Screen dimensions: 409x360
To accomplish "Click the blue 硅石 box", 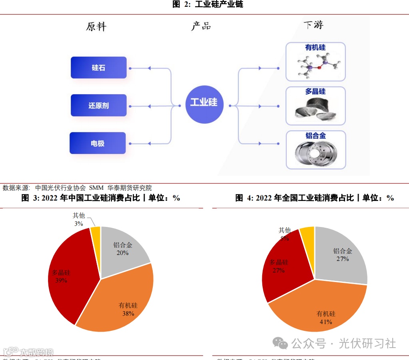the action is pyautogui.click(x=98, y=68).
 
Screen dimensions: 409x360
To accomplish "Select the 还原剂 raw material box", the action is pyautogui.click(x=98, y=105).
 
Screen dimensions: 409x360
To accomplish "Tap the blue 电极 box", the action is pyautogui.click(x=98, y=143).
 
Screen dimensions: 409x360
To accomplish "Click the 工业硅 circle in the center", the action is pyautogui.click(x=204, y=102).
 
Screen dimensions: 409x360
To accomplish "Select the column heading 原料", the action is pyautogui.click(x=96, y=27).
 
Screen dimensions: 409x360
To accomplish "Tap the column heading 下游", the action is pyautogui.click(x=313, y=25).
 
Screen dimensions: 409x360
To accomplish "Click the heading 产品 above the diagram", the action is pyautogui.click(x=201, y=26).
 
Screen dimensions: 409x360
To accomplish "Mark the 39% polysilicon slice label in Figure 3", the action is pyautogui.click(x=61, y=280).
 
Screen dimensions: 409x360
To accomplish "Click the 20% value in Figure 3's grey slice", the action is pyautogui.click(x=122, y=253).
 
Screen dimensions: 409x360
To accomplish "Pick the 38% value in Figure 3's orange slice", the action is pyautogui.click(x=128, y=314).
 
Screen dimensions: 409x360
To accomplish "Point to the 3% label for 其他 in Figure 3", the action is pyautogui.click(x=78, y=224).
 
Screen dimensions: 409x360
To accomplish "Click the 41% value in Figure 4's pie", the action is pyautogui.click(x=326, y=322).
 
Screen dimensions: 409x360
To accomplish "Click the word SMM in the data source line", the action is pyautogui.click(x=96, y=188).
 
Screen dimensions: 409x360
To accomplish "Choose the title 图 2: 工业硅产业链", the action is pyautogui.click(x=207, y=4).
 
